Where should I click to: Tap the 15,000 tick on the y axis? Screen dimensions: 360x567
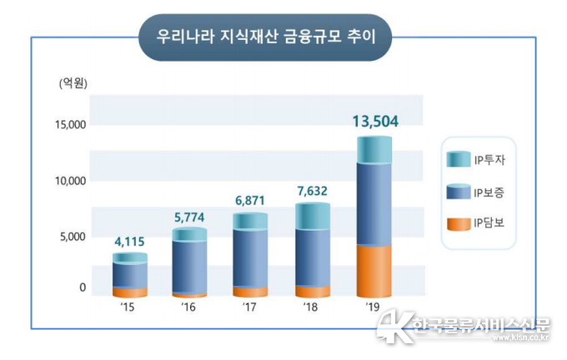(x=71, y=125)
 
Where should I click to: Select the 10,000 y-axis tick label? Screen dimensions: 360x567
(x=71, y=181)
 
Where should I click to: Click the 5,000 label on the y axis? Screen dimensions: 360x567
(x=73, y=237)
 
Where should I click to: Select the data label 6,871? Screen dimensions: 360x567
(x=250, y=202)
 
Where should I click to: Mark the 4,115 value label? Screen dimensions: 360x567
(x=128, y=242)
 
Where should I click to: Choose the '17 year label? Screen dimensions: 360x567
(x=249, y=307)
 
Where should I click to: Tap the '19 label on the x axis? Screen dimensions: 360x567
(x=373, y=307)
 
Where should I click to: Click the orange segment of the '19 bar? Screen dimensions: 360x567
(x=374, y=270)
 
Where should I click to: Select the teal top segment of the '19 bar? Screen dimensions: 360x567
(x=374, y=150)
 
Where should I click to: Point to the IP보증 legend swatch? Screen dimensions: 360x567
(x=459, y=193)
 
